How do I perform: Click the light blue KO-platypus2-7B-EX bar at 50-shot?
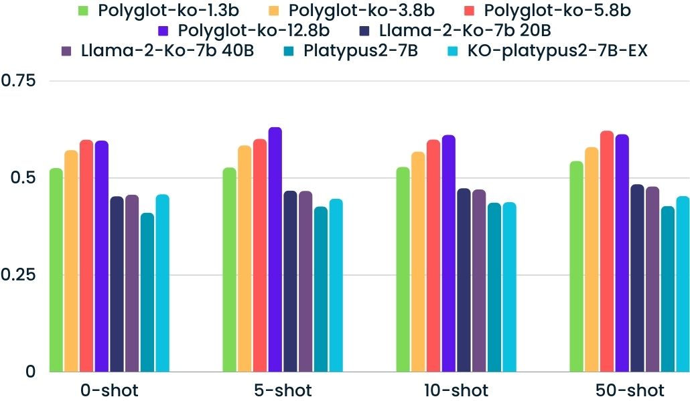coord(683,284)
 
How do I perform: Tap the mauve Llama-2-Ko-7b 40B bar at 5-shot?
coord(305,281)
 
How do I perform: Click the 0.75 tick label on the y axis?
coord(20,81)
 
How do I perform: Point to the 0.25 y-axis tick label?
coord(20,275)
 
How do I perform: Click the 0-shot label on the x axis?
coord(109,390)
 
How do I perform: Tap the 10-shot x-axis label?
coord(456,390)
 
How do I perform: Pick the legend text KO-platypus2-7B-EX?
coord(557,51)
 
